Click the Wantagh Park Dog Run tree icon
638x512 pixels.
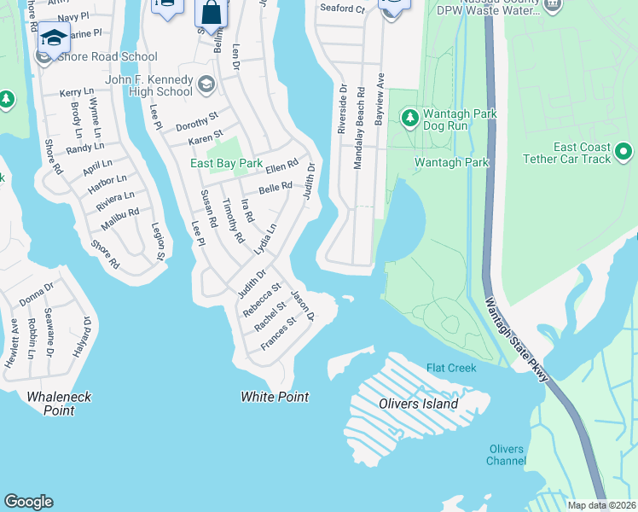(x=409, y=117)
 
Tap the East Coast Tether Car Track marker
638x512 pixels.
(x=623, y=153)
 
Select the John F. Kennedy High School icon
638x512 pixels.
(x=206, y=84)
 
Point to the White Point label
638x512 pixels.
(x=274, y=397)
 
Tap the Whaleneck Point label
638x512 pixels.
(x=59, y=404)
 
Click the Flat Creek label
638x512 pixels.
(x=451, y=369)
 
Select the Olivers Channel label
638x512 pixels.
(x=507, y=455)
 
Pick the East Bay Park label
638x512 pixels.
(x=226, y=163)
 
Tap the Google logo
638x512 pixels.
(x=28, y=501)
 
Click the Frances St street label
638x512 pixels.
(x=278, y=334)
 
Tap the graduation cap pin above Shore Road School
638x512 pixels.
(x=55, y=38)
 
